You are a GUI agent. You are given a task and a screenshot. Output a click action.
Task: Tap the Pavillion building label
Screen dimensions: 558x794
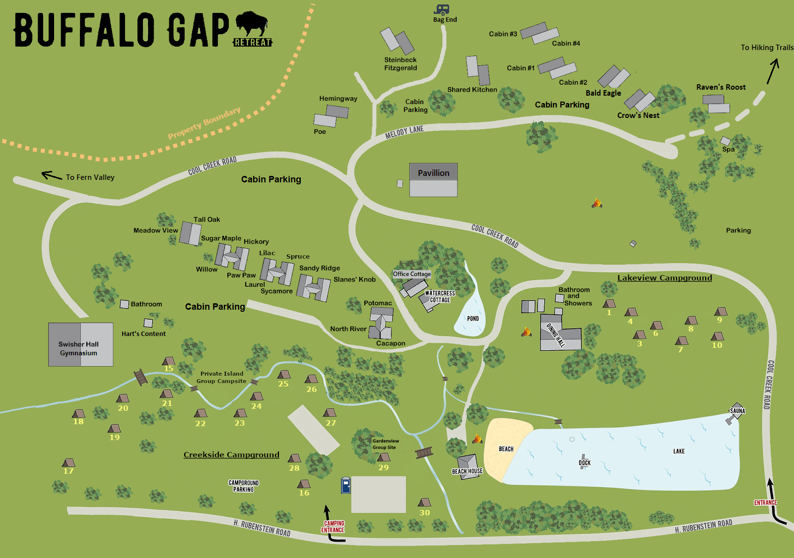433,173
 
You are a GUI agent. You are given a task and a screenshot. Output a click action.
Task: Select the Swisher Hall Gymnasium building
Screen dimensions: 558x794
80,345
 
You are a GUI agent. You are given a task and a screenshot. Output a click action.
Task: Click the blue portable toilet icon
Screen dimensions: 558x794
346,485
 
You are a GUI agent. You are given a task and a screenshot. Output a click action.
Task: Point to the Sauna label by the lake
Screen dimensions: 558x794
737,411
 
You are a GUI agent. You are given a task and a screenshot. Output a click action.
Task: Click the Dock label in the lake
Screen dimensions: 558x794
585,463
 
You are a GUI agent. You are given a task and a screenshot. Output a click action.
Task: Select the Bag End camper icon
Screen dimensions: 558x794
442,10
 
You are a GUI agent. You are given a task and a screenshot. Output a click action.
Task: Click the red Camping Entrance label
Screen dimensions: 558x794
333,527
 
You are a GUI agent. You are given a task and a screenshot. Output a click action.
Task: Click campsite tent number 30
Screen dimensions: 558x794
424,502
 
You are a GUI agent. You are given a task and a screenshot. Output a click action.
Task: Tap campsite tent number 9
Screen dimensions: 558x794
721,312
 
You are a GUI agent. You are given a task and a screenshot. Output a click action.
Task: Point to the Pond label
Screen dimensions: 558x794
473,319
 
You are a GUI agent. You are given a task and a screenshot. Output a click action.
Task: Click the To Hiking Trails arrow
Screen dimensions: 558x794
773,71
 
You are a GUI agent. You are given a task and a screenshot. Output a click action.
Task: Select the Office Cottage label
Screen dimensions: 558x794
412,274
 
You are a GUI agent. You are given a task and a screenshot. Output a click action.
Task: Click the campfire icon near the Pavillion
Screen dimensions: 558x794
596,203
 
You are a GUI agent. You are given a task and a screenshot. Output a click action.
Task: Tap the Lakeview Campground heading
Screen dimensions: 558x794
664,278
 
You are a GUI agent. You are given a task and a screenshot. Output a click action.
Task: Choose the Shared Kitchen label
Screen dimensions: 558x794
472,90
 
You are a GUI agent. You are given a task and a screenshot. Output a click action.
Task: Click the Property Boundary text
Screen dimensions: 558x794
204,123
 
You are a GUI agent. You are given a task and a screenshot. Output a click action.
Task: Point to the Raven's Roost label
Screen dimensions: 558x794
721,87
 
